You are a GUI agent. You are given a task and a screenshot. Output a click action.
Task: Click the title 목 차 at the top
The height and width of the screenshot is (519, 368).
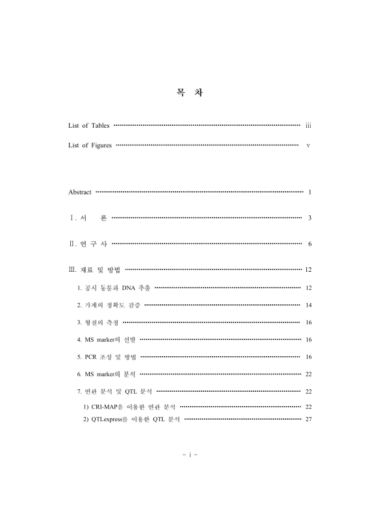[x=185, y=93]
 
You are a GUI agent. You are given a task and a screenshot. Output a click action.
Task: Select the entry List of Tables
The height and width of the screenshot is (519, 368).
[x=89, y=125]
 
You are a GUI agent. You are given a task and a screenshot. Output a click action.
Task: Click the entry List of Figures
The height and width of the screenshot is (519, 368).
[x=90, y=145]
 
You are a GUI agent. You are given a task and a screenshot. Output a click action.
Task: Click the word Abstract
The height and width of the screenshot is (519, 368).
[x=80, y=192]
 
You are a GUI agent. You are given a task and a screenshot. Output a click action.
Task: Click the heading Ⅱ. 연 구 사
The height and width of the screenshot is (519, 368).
[x=88, y=244]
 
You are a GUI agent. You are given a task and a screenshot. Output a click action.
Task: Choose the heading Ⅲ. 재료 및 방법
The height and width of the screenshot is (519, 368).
[x=94, y=269]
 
